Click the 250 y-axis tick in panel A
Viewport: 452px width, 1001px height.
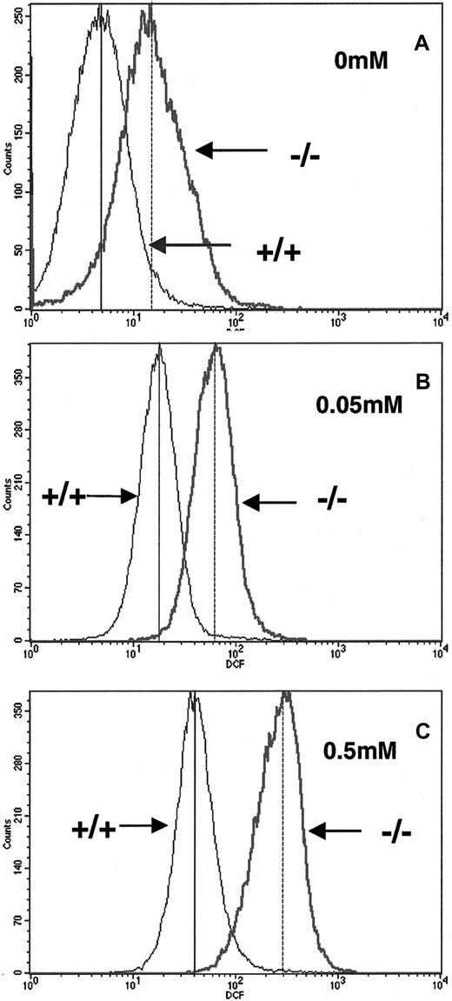(17, 17)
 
